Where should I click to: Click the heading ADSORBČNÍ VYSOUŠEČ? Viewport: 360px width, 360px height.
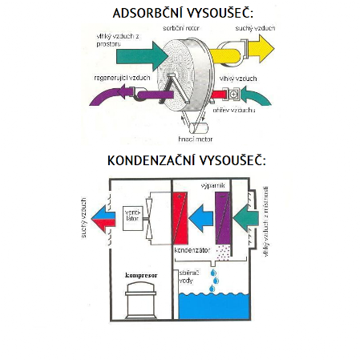pos(183,13)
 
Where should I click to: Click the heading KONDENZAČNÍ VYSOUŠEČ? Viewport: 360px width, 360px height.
pos(187,160)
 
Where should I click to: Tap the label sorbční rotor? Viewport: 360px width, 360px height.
pos(181,28)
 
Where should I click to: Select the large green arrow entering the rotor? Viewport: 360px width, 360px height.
pos(142,56)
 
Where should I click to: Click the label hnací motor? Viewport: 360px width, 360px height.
pos(196,139)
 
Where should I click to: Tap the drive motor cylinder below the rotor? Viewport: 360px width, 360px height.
pos(198,127)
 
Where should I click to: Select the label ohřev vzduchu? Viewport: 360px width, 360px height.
pos(234,110)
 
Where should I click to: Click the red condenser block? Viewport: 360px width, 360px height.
pos(180,218)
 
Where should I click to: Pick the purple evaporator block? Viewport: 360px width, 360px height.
pos(223,218)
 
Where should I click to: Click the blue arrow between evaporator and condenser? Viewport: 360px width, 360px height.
pos(201,218)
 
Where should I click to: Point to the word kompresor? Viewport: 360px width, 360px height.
pos(141,275)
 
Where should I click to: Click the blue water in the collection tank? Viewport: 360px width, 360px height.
pos(214,306)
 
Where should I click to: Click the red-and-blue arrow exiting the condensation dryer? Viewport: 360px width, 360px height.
pos(103,219)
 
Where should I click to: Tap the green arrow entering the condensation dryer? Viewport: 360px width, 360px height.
pos(246,219)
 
